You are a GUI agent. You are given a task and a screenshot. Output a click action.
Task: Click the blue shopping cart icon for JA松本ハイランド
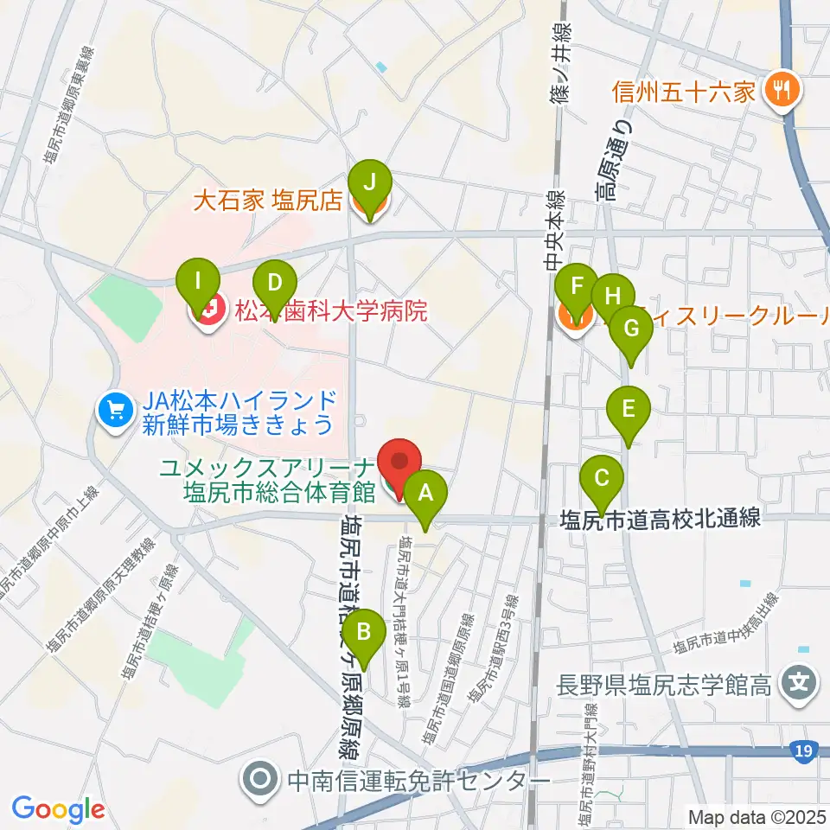113,407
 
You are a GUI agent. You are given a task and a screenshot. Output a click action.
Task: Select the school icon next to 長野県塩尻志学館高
797,686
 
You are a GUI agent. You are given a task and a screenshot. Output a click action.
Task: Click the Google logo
58,809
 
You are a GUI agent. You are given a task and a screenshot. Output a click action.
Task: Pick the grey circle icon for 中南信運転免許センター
259,781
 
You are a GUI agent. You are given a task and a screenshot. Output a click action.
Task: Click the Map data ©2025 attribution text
757,815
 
